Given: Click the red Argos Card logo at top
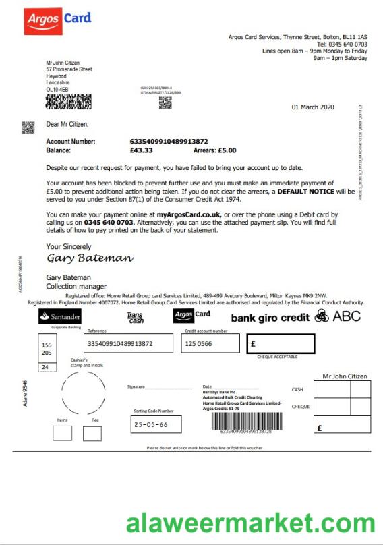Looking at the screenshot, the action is [x=57, y=22].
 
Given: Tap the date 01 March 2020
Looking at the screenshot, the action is [x=312, y=107].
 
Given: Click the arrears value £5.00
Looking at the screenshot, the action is [x=226, y=150].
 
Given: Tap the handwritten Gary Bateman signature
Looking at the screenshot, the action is [x=89, y=258].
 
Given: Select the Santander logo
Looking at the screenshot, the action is [x=60, y=316].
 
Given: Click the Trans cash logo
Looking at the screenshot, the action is [x=135, y=318].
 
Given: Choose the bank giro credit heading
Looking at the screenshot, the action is [x=270, y=317].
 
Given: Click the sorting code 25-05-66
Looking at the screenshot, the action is [x=151, y=425].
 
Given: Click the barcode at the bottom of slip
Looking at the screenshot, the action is [x=241, y=422].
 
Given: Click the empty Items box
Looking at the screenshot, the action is [x=62, y=432].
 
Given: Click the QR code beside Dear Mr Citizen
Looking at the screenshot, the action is [x=28, y=126].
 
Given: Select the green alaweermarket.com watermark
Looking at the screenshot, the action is [x=250, y=523].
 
